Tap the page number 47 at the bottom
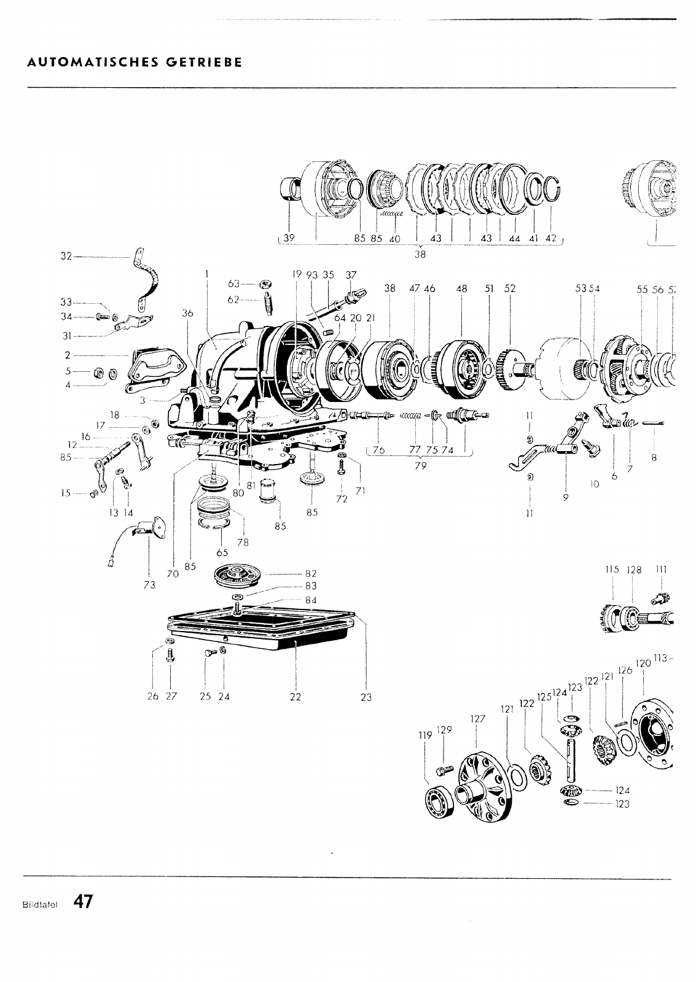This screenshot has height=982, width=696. pyautogui.click(x=83, y=902)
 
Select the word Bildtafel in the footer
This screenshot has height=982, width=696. pyautogui.click(x=38, y=903)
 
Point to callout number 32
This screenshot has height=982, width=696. pyautogui.click(x=66, y=257)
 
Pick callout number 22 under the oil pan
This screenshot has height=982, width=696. pyautogui.click(x=296, y=697)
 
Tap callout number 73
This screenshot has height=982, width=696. pyautogui.click(x=149, y=585)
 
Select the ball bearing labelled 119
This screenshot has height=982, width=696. pyautogui.click(x=440, y=802)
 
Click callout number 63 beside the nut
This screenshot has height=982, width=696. pyautogui.click(x=233, y=284)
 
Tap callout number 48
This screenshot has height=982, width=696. pyautogui.click(x=462, y=288)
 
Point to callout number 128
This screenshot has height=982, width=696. pyautogui.click(x=634, y=570)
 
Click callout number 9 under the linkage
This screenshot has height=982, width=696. pyautogui.click(x=565, y=498)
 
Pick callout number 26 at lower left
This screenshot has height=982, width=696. pyautogui.click(x=153, y=697)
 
